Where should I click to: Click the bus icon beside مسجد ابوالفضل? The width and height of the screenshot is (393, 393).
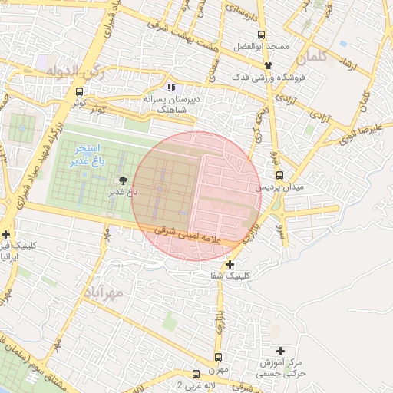[262, 35]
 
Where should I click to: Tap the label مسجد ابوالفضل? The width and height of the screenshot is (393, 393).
[264, 46]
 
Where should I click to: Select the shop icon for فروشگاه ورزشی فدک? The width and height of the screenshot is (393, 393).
[268, 66]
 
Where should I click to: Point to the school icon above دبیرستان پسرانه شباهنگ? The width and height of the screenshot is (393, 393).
[171, 88]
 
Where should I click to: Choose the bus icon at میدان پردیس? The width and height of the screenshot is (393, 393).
[278, 175]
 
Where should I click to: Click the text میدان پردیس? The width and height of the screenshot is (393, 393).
[279, 187]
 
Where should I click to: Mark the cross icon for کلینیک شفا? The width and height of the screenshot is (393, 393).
[230, 264]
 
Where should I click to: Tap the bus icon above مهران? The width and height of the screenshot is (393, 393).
[219, 357]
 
